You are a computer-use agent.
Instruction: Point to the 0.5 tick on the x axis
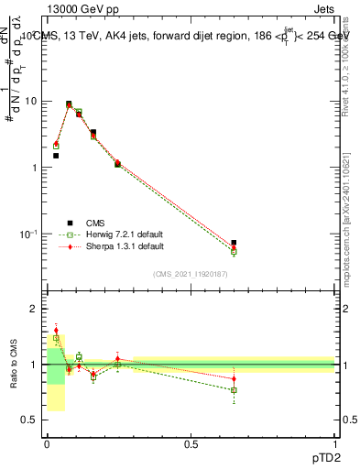click(191, 443)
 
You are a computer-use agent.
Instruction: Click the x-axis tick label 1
click(334, 443)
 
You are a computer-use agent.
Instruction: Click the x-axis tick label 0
click(47, 443)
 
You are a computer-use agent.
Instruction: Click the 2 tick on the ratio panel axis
click(35, 310)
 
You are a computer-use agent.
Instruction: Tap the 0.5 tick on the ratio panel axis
click(30, 420)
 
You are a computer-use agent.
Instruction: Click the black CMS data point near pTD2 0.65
click(234, 243)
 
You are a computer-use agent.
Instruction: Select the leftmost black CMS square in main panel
click(56, 156)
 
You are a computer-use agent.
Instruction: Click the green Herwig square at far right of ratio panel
click(234, 390)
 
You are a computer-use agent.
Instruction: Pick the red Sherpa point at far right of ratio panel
click(234, 378)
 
